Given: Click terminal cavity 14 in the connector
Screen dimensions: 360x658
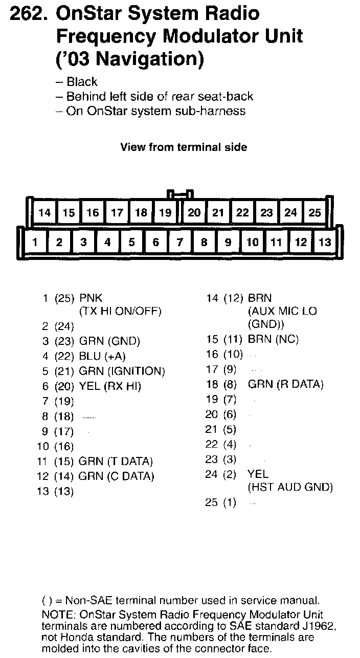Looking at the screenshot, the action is pos(44,212).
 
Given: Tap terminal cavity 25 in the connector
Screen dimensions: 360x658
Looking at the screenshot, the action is pos(314,212).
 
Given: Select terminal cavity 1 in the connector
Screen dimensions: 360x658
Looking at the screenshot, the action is pos(34,242).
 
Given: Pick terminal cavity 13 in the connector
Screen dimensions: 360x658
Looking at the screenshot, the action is pos(324,242).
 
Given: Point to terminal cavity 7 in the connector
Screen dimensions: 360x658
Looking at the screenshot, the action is pos(180,242).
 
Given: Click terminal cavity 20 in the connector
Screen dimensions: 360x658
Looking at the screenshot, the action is pos(194,212).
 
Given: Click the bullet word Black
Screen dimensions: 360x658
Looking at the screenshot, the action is pos(82,82).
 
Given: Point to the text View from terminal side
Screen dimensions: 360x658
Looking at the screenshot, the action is pos(184,147).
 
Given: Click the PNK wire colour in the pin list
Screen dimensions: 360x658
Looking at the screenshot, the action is pos(91,298).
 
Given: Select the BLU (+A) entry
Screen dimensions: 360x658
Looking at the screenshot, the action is pos(102,356).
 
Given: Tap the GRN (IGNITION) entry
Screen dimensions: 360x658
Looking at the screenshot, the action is pos(122,371).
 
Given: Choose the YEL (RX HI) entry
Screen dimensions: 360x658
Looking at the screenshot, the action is pos(110,386).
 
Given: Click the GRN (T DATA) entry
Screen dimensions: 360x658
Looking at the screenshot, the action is pos(116,462).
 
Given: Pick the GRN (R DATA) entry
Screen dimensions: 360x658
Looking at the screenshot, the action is pos(285,384).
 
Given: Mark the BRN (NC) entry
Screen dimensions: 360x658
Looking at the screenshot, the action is pos(273,339).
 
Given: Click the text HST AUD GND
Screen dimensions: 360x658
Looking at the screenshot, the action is pos(290,488).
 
